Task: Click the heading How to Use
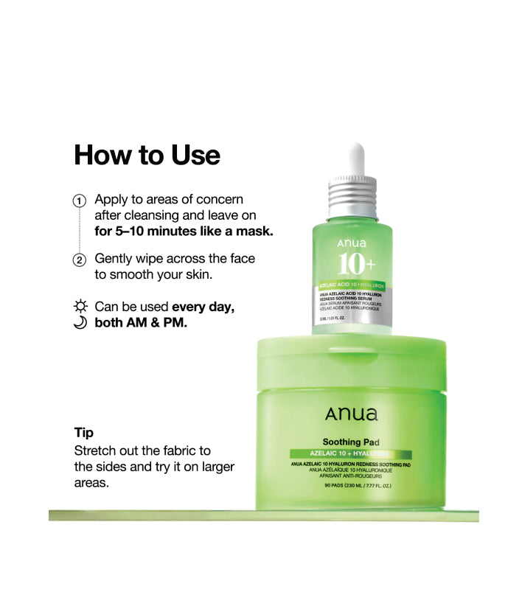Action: click(x=147, y=156)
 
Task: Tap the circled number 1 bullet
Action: click(x=79, y=201)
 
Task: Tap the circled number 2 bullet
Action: click(x=79, y=260)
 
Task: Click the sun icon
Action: click(x=80, y=306)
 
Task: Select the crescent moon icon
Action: click(x=80, y=322)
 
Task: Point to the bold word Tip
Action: click(x=84, y=432)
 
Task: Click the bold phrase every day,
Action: click(x=203, y=306)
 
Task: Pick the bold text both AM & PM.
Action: click(x=141, y=322)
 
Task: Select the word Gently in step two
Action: click(x=115, y=259)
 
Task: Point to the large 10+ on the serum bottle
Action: click(x=356, y=264)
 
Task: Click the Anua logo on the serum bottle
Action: click(x=351, y=243)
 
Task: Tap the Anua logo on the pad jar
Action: click(x=350, y=415)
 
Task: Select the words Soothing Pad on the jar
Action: click(x=350, y=442)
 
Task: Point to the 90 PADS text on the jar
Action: click(x=350, y=486)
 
